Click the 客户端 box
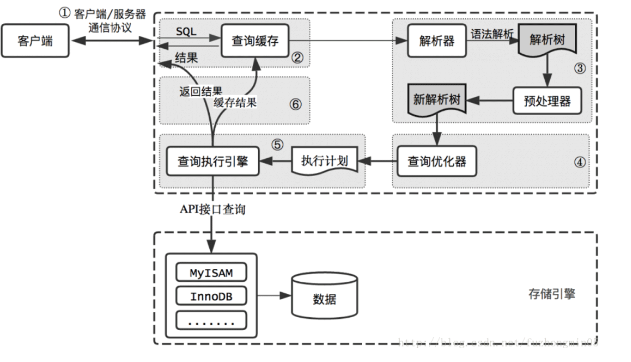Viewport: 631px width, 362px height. pos(35,40)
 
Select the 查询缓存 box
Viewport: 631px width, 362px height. pos(256,40)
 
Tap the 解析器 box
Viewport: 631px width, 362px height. pos(437,40)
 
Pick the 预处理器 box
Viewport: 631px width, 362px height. pos(546,102)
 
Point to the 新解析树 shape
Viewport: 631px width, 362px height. pos(437,100)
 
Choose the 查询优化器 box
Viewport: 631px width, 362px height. pos(437,161)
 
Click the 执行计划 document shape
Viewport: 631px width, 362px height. pos(324,161)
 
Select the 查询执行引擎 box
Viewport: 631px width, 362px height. pos(213,161)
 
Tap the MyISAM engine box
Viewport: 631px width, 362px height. pos(211,273)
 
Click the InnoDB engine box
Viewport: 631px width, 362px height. pos(211,297)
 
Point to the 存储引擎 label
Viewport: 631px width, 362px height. pos(551,293)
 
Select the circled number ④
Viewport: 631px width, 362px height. pos(578,163)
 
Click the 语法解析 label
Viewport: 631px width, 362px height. pos(493,34)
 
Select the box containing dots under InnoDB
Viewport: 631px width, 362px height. pos(211,320)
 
